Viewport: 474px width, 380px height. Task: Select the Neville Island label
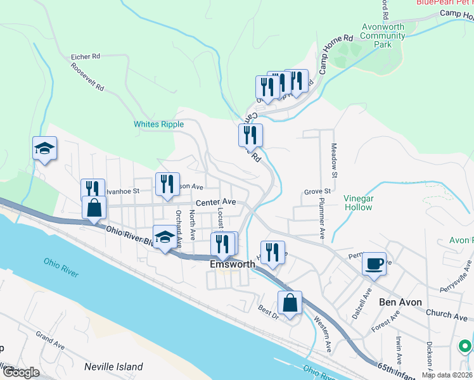pos(113,367)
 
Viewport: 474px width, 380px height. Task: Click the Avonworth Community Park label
pos(383,36)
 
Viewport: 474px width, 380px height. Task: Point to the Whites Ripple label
pos(158,124)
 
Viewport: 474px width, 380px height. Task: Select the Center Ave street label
pos(215,203)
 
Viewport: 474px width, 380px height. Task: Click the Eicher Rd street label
pos(86,56)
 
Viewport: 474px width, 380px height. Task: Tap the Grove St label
pos(317,191)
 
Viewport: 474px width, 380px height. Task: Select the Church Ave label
pos(447,314)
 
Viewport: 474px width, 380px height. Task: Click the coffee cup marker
pos(374,263)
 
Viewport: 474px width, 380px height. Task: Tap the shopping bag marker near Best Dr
pos(290,302)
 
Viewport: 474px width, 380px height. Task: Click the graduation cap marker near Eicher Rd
pos(45,149)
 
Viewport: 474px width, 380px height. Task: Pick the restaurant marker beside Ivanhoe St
pos(93,189)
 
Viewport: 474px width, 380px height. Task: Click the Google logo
pos(20,372)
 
